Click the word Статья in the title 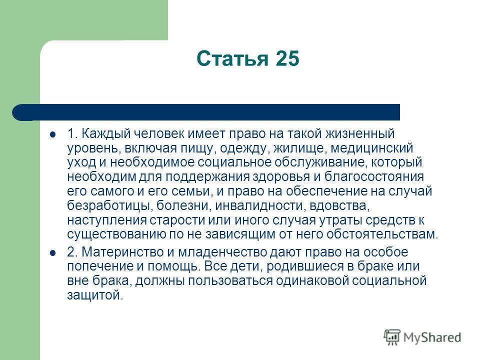232,59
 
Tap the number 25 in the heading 287,58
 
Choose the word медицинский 372,148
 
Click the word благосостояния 374,177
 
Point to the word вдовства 339,205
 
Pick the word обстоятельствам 382,234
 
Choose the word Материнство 122,252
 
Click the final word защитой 95,295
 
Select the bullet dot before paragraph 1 53,134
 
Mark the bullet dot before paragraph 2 53,253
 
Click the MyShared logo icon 392,337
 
